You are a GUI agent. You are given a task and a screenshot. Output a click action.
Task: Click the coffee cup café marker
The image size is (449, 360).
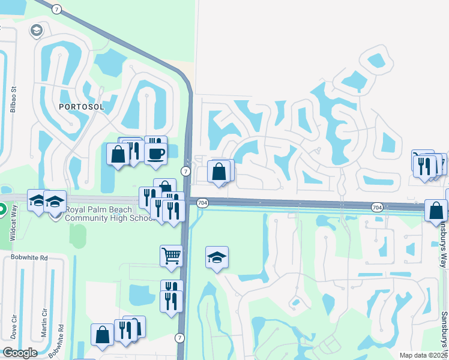click(156, 153)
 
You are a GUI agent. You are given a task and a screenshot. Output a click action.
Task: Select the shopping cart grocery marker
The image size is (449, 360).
click(171, 256)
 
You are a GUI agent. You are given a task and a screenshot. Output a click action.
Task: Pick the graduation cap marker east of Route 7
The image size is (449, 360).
click(217, 257)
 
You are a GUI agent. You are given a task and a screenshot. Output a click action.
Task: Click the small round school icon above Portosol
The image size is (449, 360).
click(37, 30)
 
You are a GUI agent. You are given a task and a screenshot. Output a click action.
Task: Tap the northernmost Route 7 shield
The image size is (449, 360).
click(56, 10)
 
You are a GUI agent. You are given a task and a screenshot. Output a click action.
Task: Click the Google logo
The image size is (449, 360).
click(19, 353)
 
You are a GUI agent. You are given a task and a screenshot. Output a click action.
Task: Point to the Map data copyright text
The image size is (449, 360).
click(424, 355)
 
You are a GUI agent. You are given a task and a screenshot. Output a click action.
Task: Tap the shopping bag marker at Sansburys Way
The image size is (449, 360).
click(436, 211)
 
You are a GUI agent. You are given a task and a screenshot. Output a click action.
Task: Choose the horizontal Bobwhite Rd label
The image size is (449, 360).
click(25, 257)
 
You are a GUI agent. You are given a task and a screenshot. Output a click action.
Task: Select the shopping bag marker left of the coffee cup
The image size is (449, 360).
click(118, 154)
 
